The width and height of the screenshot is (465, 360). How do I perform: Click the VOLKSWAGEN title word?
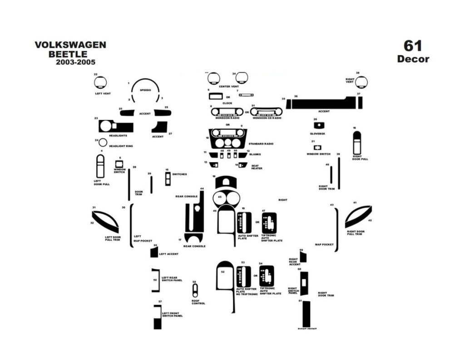[70, 45]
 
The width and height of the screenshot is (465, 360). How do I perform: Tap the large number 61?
[413, 46]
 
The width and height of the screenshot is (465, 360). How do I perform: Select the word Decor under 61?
[413, 59]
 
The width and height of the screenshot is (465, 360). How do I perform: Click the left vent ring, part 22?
[100, 83]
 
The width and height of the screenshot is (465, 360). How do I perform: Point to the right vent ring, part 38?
[361, 82]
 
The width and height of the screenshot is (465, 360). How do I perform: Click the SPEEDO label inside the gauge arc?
[145, 90]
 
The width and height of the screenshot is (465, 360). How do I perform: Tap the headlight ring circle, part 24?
[103, 142]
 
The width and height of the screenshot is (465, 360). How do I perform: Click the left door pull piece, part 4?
[100, 167]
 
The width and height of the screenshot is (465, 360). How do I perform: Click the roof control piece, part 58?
[195, 290]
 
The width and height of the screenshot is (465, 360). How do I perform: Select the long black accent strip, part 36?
[322, 104]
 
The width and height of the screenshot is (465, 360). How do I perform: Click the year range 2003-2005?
[76, 62]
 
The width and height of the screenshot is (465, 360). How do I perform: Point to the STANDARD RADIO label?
[261, 143]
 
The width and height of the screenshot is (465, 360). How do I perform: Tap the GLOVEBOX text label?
[317, 133]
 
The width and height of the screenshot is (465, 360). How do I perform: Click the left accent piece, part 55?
[153, 253]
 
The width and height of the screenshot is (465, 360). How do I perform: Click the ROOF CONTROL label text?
[198, 302]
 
